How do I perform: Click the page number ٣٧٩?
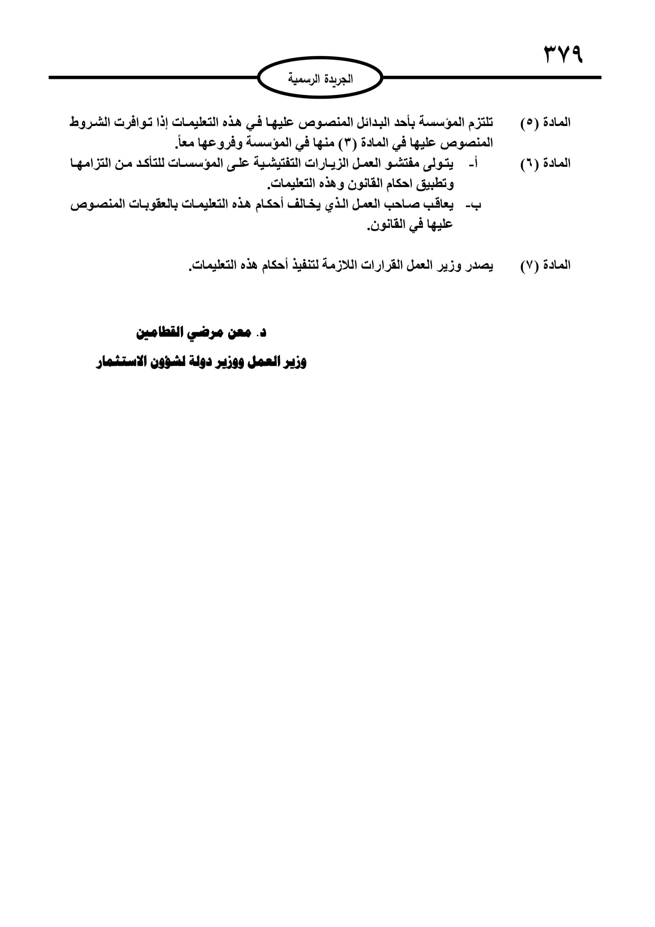(x=564, y=55)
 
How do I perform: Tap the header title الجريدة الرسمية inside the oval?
(x=320, y=78)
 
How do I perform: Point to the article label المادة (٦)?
(x=545, y=164)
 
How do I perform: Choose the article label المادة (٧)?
(x=545, y=265)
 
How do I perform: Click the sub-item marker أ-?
(x=473, y=164)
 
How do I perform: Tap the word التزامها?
(x=91, y=164)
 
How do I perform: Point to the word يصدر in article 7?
(x=479, y=265)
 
